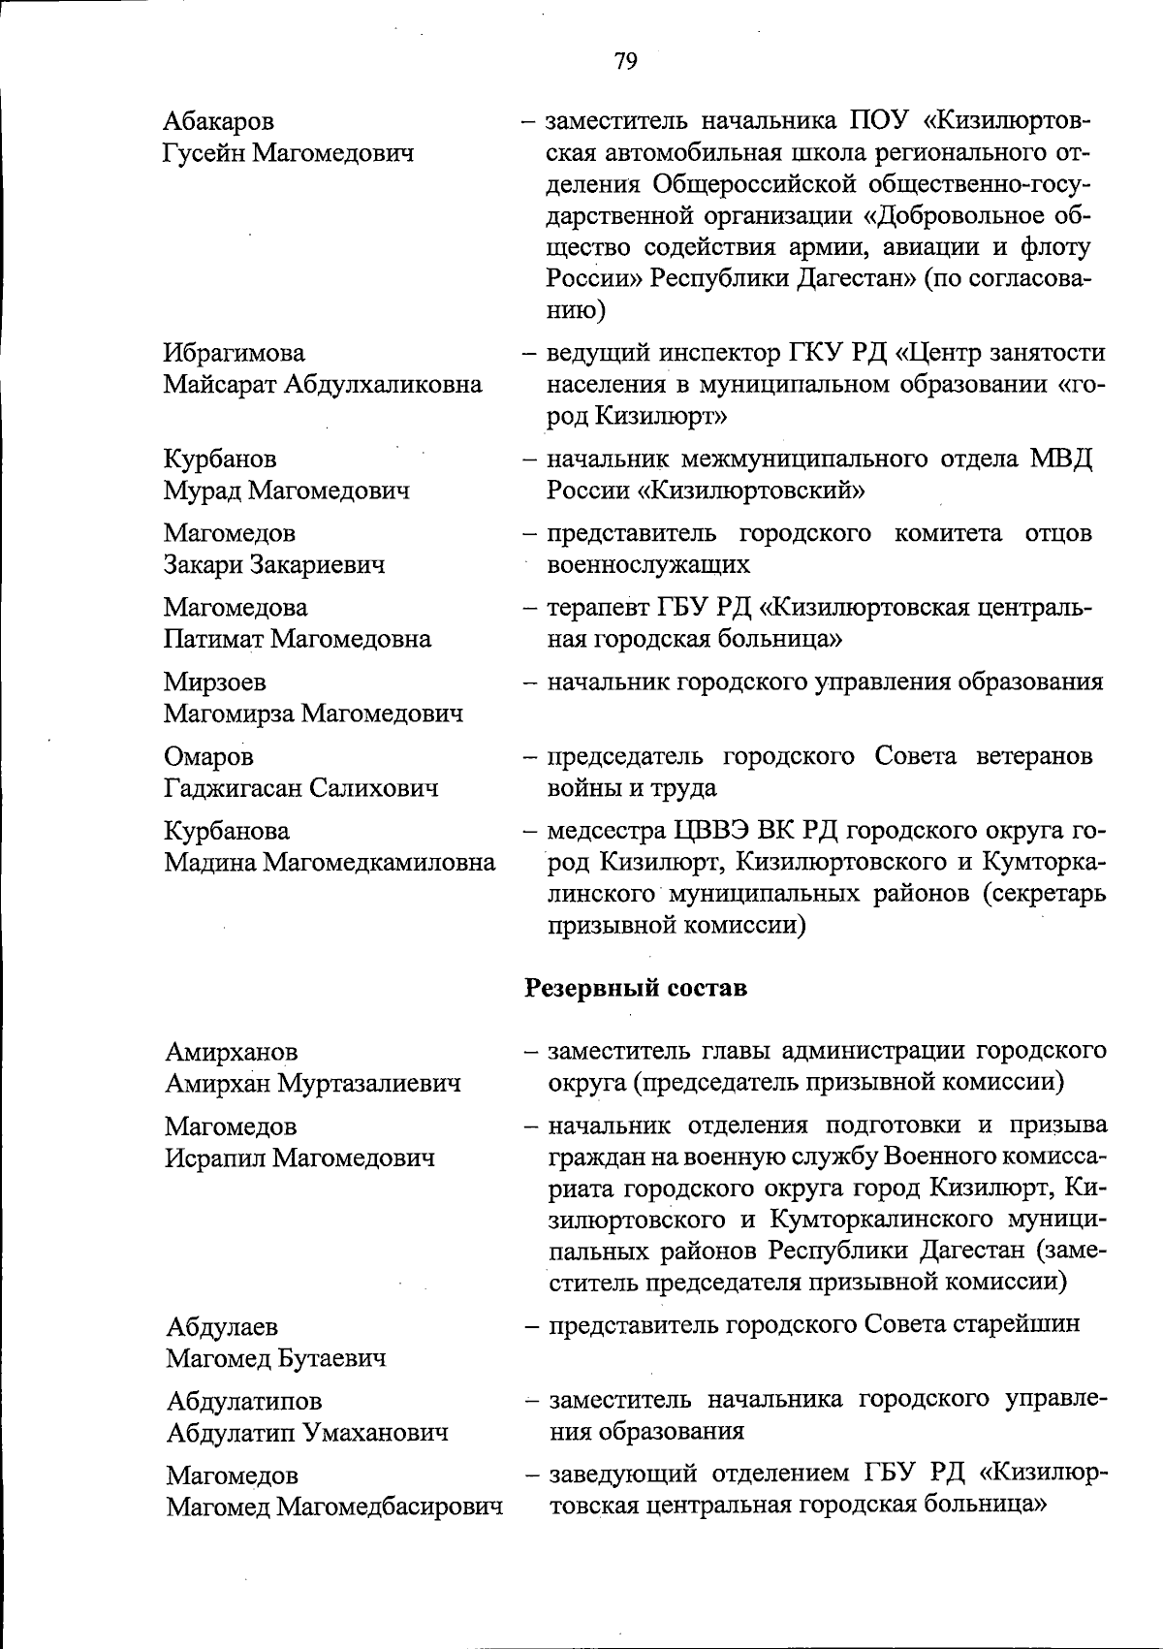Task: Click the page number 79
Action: [x=625, y=62]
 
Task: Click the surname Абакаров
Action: [x=219, y=121]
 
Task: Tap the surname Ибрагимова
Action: [x=234, y=353]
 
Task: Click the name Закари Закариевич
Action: [x=274, y=564]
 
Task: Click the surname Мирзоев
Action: [x=214, y=682]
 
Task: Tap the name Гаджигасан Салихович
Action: [x=301, y=788]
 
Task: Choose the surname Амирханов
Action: [x=232, y=1052]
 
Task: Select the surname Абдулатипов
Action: [x=244, y=1401]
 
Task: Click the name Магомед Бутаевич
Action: [x=276, y=1357]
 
